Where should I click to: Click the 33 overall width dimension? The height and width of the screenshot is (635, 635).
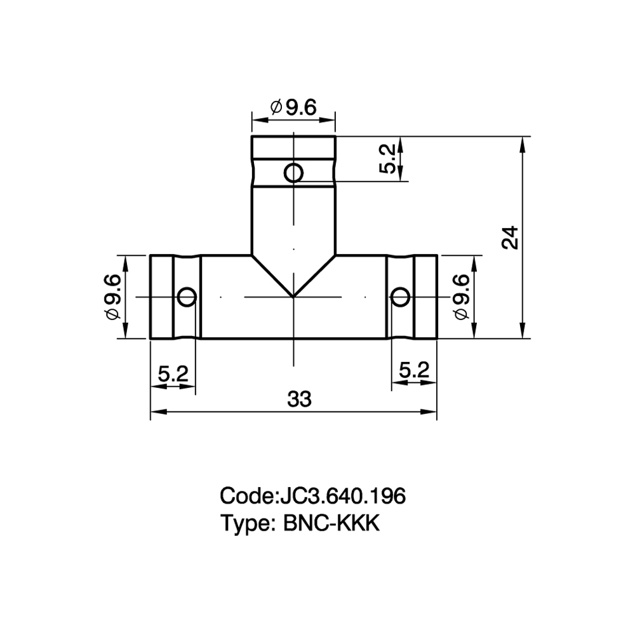pos(299,399)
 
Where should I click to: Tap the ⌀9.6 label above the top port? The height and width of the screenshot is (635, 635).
pos(293,107)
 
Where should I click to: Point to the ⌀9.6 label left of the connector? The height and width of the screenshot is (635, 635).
pos(113,297)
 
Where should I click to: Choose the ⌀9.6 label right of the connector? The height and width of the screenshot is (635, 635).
pos(462,297)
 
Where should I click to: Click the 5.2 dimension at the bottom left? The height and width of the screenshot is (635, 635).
pos(173,373)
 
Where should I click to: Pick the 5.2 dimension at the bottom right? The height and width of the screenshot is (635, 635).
pos(414,370)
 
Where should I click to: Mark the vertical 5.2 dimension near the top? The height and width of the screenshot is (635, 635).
pos(387,159)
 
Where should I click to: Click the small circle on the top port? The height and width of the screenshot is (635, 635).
pos(293,173)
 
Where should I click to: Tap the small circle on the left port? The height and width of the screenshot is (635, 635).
pos(187,297)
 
